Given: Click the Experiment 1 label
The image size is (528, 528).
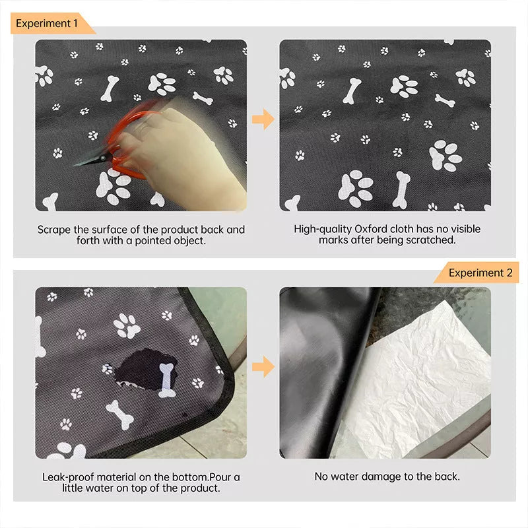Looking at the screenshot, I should tap(47, 23).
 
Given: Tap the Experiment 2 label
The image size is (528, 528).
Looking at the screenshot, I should tap(480, 273).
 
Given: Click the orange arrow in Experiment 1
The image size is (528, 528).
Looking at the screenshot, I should tap(263, 119).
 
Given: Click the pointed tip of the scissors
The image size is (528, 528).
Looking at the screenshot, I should tap(78, 163).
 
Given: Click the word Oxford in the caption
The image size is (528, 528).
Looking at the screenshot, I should tap(374, 229).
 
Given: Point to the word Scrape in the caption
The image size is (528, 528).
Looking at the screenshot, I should tap(53, 230).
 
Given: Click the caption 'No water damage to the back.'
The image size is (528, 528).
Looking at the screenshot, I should tap(387, 477).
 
